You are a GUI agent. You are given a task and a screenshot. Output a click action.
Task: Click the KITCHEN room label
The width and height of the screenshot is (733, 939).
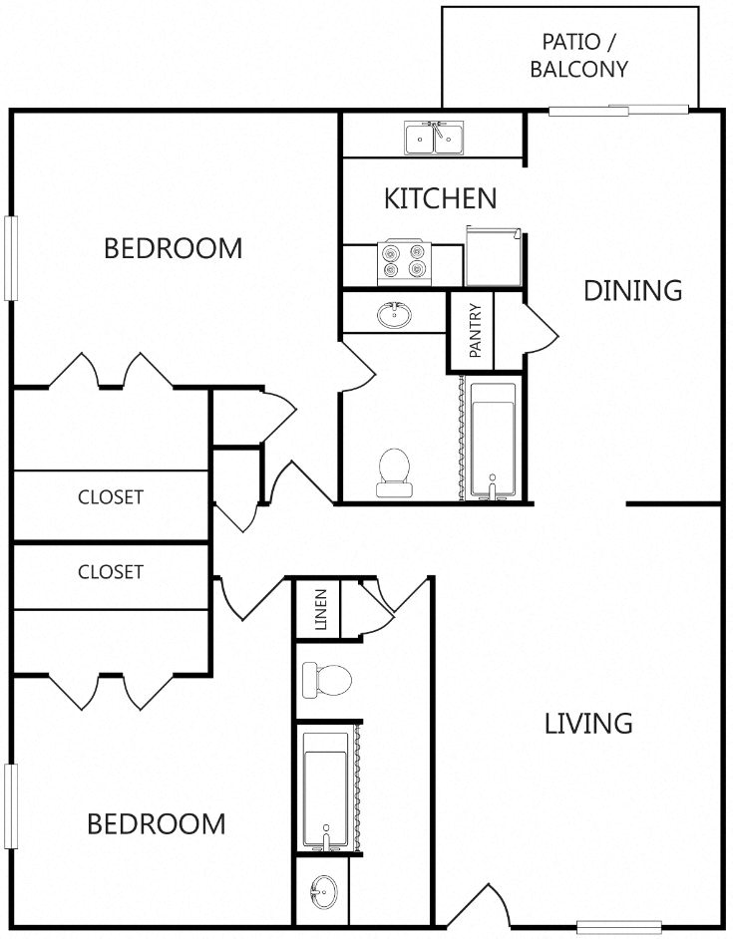tap(440, 198)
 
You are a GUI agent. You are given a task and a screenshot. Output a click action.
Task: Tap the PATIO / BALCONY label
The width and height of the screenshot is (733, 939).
tap(579, 55)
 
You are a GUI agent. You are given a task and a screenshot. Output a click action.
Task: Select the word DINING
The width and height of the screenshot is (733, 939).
tap(633, 290)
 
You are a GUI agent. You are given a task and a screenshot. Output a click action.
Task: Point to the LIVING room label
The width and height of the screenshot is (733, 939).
tap(588, 724)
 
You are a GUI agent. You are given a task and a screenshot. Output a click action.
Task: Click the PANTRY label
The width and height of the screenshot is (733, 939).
tap(476, 331)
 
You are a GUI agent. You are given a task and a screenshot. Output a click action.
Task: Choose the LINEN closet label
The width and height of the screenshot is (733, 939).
tap(321, 610)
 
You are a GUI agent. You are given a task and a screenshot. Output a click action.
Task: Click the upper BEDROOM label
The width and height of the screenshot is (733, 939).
tap(174, 248)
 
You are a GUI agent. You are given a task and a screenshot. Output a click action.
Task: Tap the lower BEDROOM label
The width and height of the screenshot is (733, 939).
tap(157, 824)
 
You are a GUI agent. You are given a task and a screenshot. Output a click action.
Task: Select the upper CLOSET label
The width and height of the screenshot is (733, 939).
tap(111, 497)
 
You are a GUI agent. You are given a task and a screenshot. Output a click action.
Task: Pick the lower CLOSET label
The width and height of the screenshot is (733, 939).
tap(111, 572)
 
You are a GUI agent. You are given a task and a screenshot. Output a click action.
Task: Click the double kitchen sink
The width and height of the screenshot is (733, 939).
tap(434, 138)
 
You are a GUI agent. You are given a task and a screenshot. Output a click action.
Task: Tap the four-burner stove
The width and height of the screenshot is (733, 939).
tap(404, 262)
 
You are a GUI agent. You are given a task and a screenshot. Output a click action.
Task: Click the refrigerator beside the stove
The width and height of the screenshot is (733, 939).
tap(494, 256)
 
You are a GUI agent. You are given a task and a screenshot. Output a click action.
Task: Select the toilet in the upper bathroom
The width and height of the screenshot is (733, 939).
tap(394, 472)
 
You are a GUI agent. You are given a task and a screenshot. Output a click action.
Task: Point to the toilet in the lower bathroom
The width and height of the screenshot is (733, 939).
tap(327, 680)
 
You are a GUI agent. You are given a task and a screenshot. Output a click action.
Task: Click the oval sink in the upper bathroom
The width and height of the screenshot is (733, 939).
tap(394, 314)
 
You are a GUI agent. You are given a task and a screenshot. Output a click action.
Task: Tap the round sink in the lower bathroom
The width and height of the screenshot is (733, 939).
tap(324, 892)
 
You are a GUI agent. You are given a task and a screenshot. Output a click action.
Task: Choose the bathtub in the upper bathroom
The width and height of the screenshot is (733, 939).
tap(493, 441)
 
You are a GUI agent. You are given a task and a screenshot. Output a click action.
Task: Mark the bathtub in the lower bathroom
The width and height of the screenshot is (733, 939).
tap(325, 790)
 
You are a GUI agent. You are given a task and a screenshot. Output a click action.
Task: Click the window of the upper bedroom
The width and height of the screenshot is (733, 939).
tap(11, 258)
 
